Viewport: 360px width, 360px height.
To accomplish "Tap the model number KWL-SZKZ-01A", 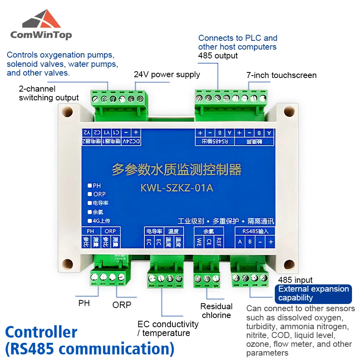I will (177, 188).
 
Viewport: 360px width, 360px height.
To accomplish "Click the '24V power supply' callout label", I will (167, 74).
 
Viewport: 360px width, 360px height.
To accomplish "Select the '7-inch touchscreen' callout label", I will (282, 75).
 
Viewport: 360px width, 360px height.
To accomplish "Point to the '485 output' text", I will (218, 56).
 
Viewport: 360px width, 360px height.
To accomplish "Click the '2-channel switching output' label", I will (49, 93).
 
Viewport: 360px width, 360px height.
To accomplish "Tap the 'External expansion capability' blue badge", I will (314, 294).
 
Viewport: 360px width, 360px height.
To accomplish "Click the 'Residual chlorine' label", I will (216, 311).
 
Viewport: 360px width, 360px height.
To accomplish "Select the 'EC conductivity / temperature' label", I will (168, 328).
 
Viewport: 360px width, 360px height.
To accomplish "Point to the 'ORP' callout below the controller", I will (122, 305).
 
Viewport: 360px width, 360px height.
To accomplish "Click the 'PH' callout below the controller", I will (84, 303).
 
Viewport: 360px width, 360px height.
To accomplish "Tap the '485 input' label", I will (296, 280).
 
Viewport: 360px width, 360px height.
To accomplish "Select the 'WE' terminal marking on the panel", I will (199, 242).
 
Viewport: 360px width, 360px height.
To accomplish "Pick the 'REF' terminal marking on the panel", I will (218, 242).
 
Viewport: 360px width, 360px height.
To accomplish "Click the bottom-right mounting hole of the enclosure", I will (288, 264).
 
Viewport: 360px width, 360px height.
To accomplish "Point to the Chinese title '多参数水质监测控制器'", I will (177, 170).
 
